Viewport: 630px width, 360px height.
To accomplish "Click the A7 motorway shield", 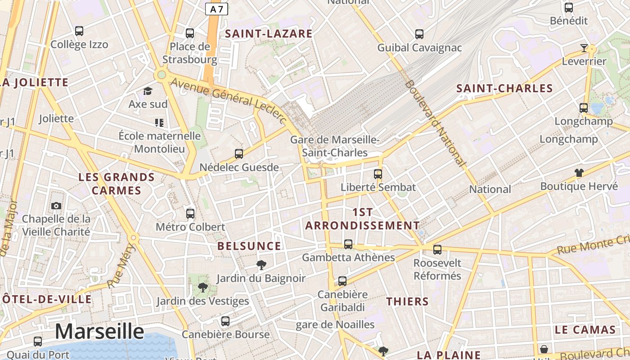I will click(216, 9).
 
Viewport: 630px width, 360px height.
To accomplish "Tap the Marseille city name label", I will click(99, 332).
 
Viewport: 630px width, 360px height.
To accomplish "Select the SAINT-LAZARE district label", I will click(269, 34).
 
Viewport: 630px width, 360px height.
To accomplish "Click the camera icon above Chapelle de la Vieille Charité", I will click(56, 206).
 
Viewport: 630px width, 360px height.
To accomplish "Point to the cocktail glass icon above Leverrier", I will click(584, 48).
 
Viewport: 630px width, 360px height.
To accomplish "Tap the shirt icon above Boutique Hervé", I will click(579, 173).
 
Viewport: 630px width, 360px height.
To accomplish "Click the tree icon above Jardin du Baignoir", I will click(261, 265).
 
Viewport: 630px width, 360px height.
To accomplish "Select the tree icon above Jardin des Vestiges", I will click(202, 287).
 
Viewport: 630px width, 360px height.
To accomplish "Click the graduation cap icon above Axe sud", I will click(148, 91).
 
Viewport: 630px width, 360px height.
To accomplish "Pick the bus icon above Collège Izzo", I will click(79, 31).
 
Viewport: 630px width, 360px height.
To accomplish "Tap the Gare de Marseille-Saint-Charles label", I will click(335, 146).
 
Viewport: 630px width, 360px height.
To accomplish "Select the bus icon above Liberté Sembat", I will click(378, 174).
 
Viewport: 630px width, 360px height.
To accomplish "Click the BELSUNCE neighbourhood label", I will click(249, 246).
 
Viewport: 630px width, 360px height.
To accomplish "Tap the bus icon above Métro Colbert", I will click(190, 213).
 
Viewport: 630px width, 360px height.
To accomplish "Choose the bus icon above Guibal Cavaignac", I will click(419, 34).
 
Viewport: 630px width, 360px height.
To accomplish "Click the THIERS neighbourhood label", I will click(408, 301).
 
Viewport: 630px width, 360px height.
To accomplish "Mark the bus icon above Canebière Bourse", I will click(225, 321).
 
